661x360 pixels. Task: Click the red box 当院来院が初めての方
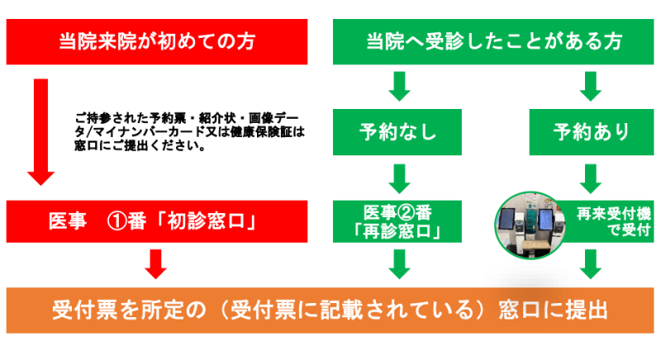[157, 40]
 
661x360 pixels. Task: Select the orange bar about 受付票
[330, 310]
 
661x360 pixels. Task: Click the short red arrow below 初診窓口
[156, 263]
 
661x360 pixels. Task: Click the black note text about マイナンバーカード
[190, 131]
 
